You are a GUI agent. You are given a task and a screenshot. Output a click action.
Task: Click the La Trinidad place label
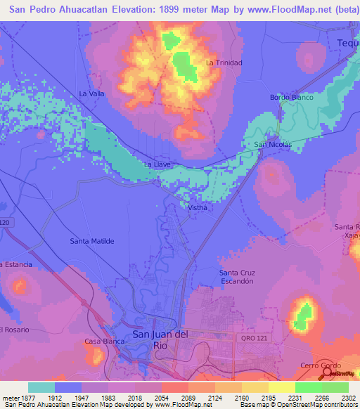pos(224,63)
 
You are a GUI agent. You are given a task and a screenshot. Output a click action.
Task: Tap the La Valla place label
pos(91,93)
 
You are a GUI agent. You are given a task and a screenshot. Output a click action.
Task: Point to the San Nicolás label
pos(272,145)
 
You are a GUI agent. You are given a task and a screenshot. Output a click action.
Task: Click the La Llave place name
pos(157,164)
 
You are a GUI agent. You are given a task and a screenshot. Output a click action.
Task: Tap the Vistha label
pos(198,207)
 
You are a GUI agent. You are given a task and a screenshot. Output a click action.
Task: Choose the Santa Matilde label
pos(91,240)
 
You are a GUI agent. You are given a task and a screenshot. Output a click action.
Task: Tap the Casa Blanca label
pos(99,342)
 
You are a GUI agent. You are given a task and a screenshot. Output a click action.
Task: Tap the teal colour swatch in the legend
pos(41,387)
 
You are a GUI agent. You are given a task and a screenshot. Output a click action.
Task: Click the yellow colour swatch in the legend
pos(281,387)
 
